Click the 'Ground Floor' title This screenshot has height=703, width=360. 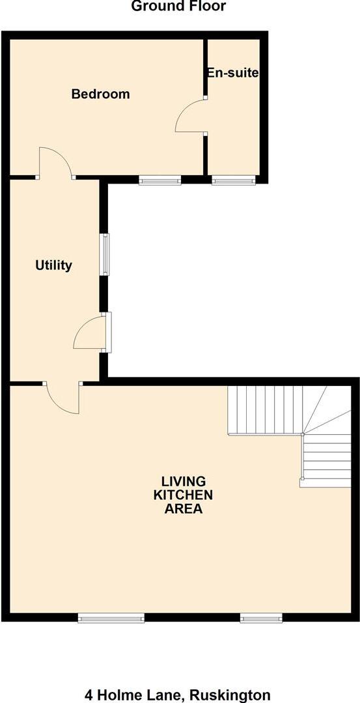178,7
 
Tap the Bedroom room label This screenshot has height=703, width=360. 100,94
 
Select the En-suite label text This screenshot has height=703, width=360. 232,73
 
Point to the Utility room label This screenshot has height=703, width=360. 53,266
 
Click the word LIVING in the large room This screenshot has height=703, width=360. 183,482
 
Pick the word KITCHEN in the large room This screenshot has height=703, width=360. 183,495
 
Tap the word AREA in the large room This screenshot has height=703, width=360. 183,508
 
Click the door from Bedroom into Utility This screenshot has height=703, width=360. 55,163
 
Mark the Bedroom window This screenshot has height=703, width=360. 159,180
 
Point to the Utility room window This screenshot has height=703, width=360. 104,254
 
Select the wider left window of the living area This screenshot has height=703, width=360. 111,618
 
